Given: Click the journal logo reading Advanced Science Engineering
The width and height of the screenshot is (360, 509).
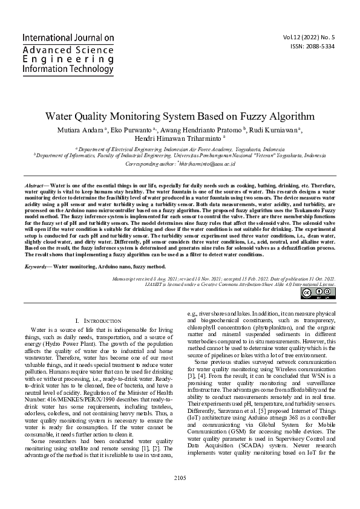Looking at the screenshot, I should [68, 54].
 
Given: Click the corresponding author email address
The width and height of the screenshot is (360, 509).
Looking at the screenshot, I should [206, 164].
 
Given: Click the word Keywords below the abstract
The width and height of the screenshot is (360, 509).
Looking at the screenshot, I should [38, 266].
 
